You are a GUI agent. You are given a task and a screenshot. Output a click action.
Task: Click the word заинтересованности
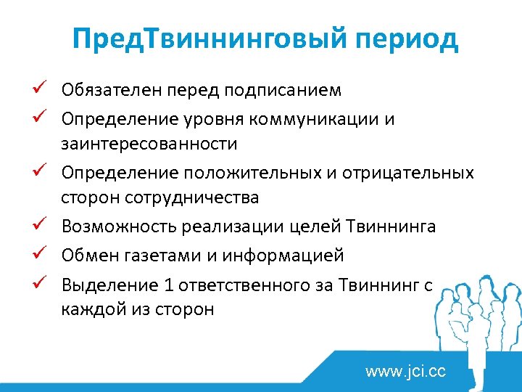coord(149,144)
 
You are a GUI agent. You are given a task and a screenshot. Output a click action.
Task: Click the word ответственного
coord(244,285)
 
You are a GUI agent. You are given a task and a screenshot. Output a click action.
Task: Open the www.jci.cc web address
coord(405,372)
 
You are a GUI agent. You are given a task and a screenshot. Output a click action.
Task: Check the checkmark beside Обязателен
coord(42,90)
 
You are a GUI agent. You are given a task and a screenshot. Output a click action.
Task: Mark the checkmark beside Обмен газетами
coord(42,255)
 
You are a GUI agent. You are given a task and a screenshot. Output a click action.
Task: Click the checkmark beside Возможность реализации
coord(42,226)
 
